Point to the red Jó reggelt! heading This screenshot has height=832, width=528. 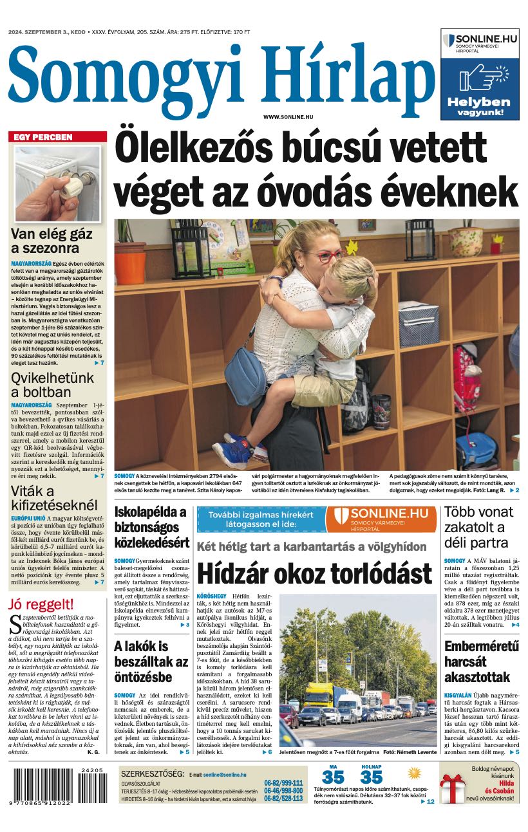click(x=41, y=604)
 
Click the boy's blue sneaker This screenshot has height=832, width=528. click(x=232, y=451)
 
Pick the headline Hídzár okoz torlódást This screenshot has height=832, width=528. click(x=314, y=573)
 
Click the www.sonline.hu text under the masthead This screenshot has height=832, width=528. click(x=288, y=116)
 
